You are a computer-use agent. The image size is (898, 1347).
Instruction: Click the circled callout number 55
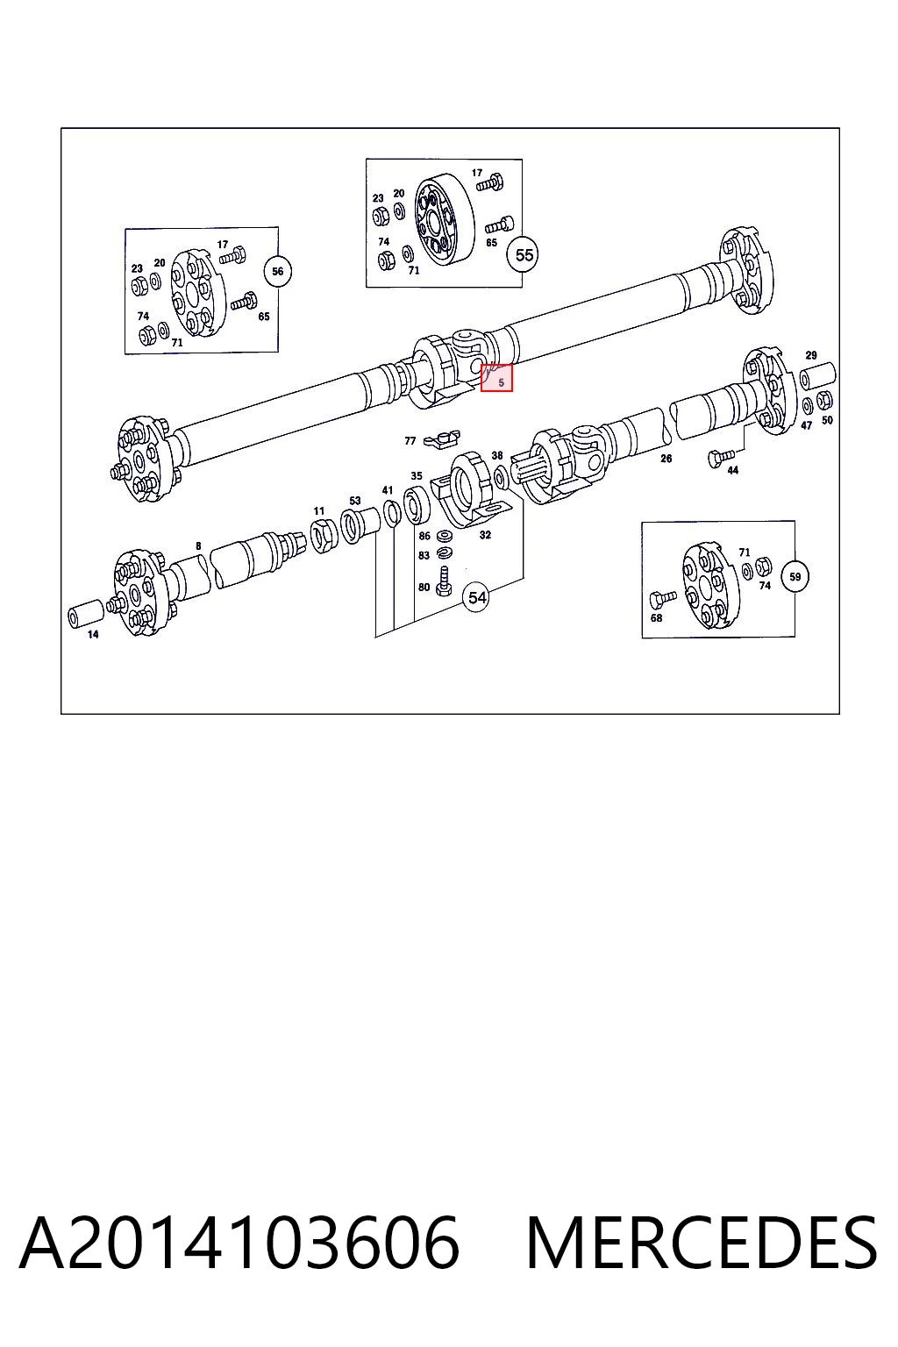click(x=524, y=255)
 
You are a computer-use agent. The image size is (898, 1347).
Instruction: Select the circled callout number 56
click(x=277, y=271)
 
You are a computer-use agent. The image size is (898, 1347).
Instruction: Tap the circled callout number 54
click(x=476, y=598)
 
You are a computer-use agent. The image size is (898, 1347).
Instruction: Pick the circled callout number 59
click(x=795, y=577)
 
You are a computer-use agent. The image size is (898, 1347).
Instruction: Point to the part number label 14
click(x=93, y=634)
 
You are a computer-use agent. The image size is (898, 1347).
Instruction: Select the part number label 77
click(x=410, y=441)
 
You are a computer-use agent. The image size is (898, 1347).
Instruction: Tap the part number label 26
click(x=666, y=459)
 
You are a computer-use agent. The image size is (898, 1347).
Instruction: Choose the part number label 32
click(x=485, y=535)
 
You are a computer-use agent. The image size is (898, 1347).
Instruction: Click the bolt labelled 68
click(x=663, y=598)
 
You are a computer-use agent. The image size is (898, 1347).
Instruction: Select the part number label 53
click(x=355, y=501)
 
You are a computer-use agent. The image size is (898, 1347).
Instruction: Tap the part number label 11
click(x=319, y=511)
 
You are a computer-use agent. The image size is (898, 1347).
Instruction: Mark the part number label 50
click(x=827, y=420)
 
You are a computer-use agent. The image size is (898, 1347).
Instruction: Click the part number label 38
click(x=497, y=455)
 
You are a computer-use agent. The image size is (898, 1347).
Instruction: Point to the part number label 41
click(x=388, y=490)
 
